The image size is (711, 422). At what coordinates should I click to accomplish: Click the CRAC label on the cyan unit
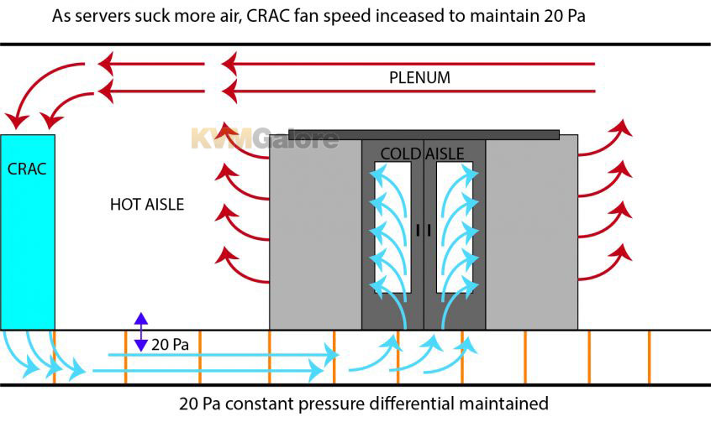click(27, 169)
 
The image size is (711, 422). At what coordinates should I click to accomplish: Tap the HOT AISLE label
click(147, 204)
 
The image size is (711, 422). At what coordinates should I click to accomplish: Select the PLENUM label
click(419, 77)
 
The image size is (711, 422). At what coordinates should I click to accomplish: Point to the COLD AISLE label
click(422, 154)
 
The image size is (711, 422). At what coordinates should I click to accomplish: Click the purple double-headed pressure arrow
click(141, 332)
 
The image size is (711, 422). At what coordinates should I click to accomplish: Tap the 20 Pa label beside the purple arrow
click(170, 345)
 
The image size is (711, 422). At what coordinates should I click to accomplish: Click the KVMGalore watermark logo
click(265, 138)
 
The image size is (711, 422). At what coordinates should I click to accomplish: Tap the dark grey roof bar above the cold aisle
click(424, 134)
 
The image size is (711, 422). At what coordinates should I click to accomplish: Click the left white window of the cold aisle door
click(392, 227)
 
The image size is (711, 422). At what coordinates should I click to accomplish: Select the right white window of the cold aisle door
click(455, 227)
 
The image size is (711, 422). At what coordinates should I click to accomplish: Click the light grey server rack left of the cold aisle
click(316, 232)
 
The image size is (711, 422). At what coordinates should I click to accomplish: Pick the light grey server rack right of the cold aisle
click(532, 232)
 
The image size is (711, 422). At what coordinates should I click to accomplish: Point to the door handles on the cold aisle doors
click(424, 230)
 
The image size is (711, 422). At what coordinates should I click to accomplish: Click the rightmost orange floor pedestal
click(649, 357)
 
